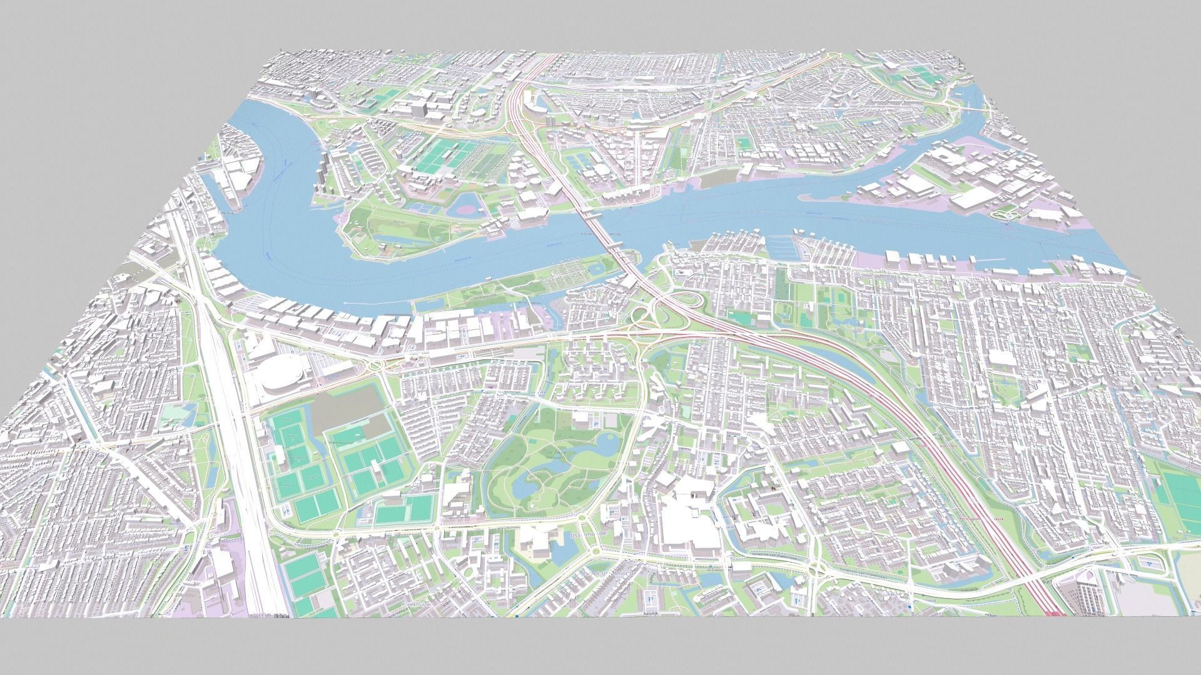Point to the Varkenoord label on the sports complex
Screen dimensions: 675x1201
[x=338, y=441]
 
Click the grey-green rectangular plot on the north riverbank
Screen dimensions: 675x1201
[x=716, y=180]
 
